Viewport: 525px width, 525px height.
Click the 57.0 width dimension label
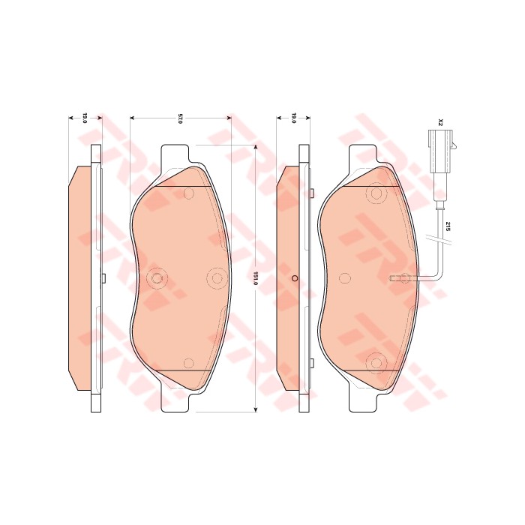[180, 119]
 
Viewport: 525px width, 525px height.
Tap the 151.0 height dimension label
[256, 278]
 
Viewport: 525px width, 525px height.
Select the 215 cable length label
[448, 226]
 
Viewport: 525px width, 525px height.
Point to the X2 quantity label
[441, 122]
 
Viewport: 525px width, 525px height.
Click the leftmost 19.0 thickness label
[85, 118]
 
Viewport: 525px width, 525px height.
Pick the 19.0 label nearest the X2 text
[294, 118]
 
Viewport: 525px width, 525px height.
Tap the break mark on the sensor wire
[439, 240]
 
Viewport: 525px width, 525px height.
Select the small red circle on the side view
[295, 278]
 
